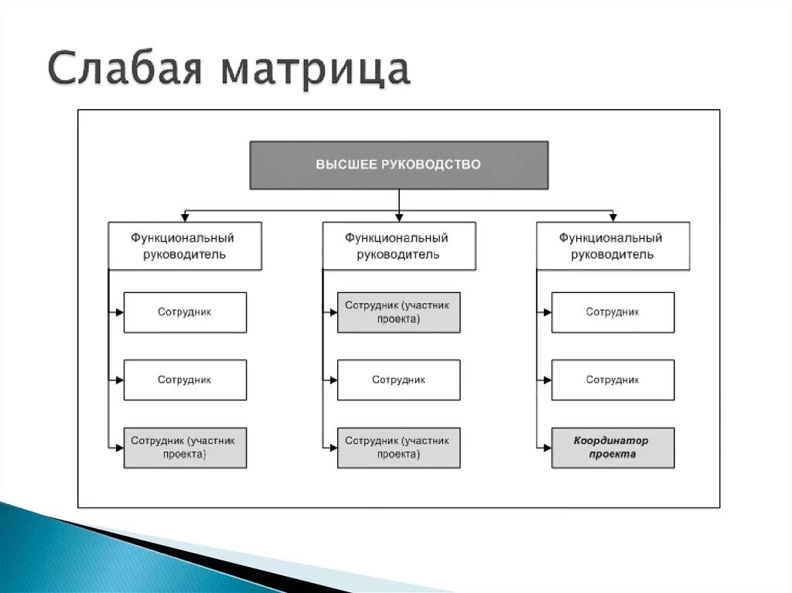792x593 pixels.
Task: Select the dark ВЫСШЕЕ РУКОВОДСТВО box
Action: pyautogui.click(x=398, y=165)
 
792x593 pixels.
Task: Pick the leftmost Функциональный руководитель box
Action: pyautogui.click(x=185, y=246)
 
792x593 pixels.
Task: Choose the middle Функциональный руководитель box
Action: pyautogui.click(x=398, y=246)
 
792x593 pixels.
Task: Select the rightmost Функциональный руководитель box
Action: pyautogui.click(x=613, y=246)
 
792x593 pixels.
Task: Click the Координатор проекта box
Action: pyautogui.click(x=613, y=448)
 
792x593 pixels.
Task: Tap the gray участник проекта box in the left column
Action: pyautogui.click(x=185, y=448)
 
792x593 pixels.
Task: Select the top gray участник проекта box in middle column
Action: pyautogui.click(x=398, y=312)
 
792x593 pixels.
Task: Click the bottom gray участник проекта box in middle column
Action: pyautogui.click(x=398, y=448)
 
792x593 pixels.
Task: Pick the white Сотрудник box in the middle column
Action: pyautogui.click(x=398, y=380)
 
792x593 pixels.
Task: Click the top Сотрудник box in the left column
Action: pyautogui.click(x=185, y=312)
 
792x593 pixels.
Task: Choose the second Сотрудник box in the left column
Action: pyautogui.click(x=185, y=380)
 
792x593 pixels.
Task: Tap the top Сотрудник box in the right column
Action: pyautogui.click(x=613, y=312)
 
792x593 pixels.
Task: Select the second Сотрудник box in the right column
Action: pyautogui.click(x=613, y=380)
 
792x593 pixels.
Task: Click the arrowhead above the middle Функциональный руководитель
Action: pyautogui.click(x=398, y=218)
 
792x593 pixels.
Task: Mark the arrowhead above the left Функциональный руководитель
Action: pyautogui.click(x=185, y=218)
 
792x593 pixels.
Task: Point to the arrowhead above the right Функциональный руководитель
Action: pyautogui.click(x=613, y=218)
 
